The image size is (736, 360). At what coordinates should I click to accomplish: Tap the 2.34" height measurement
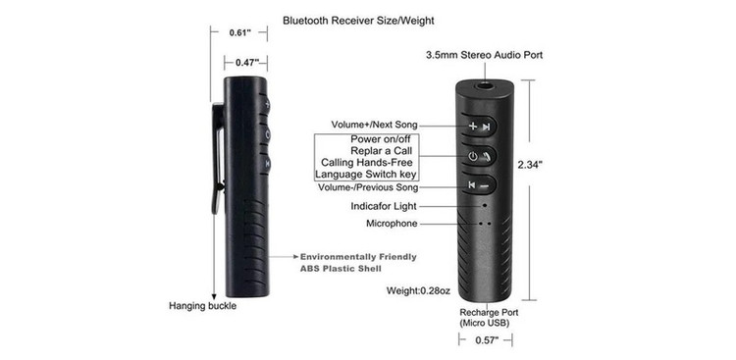[530, 164]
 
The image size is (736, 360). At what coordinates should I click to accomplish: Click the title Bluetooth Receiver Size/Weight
[358, 21]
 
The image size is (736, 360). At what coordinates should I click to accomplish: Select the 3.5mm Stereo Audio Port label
[484, 55]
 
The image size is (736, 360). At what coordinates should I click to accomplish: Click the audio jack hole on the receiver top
[484, 85]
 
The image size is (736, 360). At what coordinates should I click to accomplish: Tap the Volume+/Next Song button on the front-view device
[479, 126]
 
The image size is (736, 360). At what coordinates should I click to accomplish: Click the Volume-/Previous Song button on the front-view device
[479, 185]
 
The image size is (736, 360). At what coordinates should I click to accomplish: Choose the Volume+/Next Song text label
[374, 125]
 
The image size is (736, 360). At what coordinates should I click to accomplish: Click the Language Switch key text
[366, 175]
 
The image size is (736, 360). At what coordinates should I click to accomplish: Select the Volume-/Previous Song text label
[368, 187]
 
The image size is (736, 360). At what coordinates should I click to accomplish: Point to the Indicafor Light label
[384, 206]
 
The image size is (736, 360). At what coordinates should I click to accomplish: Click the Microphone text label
[392, 224]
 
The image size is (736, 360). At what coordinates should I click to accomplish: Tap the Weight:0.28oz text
[418, 290]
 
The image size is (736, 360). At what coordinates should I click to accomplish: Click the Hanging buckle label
[203, 306]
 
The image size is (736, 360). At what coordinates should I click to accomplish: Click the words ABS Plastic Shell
[341, 269]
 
